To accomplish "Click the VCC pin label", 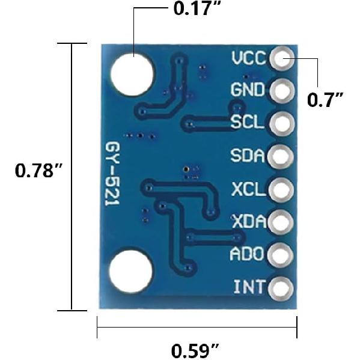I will click(x=248, y=58).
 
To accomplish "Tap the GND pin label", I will click(x=248, y=91).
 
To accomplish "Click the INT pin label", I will click(x=249, y=287).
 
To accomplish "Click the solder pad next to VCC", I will click(x=281, y=58).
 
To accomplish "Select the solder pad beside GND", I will click(x=281, y=91).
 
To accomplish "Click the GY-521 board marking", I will click(x=112, y=176).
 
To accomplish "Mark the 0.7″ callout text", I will click(x=325, y=99).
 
